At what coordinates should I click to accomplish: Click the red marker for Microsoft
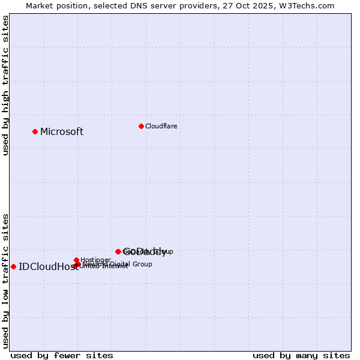point(35,131)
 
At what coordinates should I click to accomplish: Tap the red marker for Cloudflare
point(141,126)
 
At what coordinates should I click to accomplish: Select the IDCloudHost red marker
point(13,266)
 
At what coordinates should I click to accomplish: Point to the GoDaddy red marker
point(118,251)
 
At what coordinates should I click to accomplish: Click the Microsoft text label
point(62,132)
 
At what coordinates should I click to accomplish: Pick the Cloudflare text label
point(161,126)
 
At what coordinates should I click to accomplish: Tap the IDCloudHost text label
point(48,267)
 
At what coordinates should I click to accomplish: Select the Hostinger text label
point(95,260)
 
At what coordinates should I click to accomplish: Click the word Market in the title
point(40,5)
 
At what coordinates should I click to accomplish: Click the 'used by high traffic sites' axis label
point(5,85)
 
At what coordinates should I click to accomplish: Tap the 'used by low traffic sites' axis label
point(5,280)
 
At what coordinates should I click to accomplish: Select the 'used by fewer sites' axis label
point(62,355)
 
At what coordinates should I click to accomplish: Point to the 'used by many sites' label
point(301,355)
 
